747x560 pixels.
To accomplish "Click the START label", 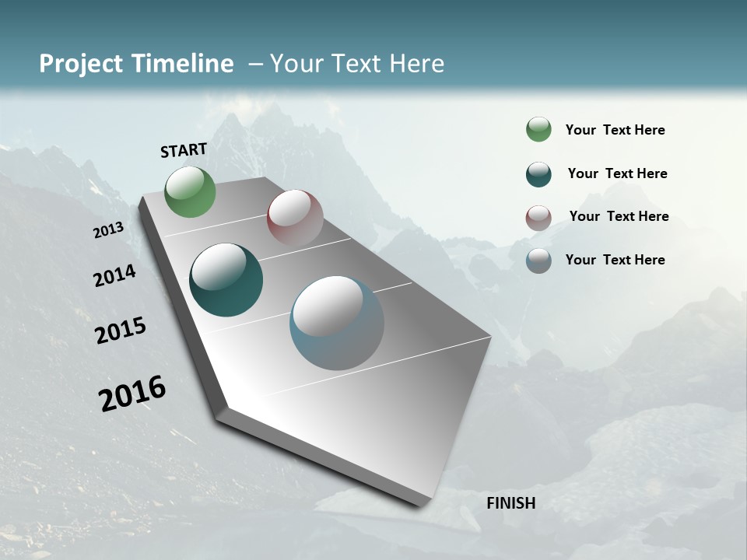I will (x=184, y=150).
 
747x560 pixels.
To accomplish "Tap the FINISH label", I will (x=510, y=503).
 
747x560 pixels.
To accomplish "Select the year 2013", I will (x=108, y=230).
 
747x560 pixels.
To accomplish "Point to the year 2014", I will (x=114, y=275).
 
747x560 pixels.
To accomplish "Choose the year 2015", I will (x=121, y=331).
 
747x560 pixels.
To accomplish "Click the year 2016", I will (x=132, y=394).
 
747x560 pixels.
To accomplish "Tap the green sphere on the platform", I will (x=191, y=192).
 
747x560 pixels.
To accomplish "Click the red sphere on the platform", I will (x=295, y=218).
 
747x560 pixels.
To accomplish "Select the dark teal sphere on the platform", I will (x=226, y=280).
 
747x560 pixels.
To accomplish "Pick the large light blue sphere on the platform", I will (x=337, y=323).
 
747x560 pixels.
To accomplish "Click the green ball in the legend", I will (x=538, y=129).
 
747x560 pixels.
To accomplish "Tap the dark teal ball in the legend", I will (x=538, y=174).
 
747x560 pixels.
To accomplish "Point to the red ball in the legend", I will (x=538, y=218).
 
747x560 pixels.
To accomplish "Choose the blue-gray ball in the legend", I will (x=538, y=261).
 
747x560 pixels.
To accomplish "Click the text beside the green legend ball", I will (x=615, y=131).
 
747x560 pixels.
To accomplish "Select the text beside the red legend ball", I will (x=619, y=216).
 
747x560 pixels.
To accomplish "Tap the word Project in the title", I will (x=81, y=64).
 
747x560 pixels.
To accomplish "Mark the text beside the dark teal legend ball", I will (x=617, y=173).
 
